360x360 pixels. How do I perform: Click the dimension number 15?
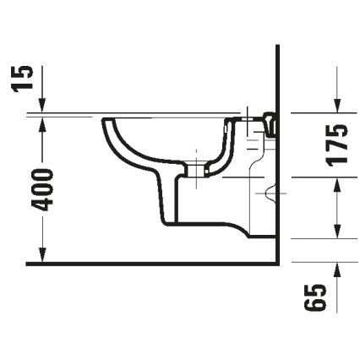27,77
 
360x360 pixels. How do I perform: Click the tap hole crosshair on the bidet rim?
247,117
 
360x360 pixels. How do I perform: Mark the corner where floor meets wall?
278,263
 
